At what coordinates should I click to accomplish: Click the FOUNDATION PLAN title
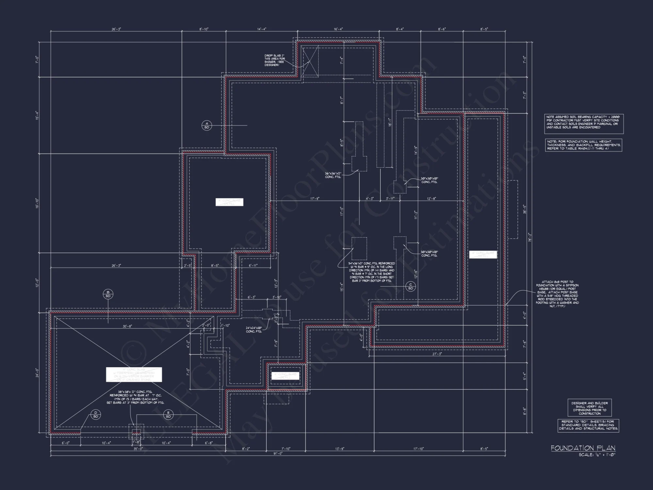click(x=583, y=448)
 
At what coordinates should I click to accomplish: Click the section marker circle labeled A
click(x=207, y=125)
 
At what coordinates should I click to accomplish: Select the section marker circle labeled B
click(x=108, y=294)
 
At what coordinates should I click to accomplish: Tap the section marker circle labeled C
click(x=410, y=286)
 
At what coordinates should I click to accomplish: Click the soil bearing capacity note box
click(x=583, y=124)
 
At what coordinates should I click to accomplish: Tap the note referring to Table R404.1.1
click(x=583, y=145)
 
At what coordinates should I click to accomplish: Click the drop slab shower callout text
click(x=275, y=60)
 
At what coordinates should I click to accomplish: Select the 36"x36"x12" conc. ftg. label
click(x=333, y=175)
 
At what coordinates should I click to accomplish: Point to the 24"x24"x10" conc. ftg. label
click(x=254, y=330)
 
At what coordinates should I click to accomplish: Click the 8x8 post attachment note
click(x=557, y=294)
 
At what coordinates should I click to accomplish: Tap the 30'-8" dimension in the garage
click(x=127, y=326)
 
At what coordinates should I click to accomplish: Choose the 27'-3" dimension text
click(x=437, y=354)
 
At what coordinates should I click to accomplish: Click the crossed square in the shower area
click(x=310, y=62)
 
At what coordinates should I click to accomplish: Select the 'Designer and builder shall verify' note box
click(x=589, y=408)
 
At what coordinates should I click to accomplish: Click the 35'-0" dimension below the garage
click(x=138, y=449)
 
